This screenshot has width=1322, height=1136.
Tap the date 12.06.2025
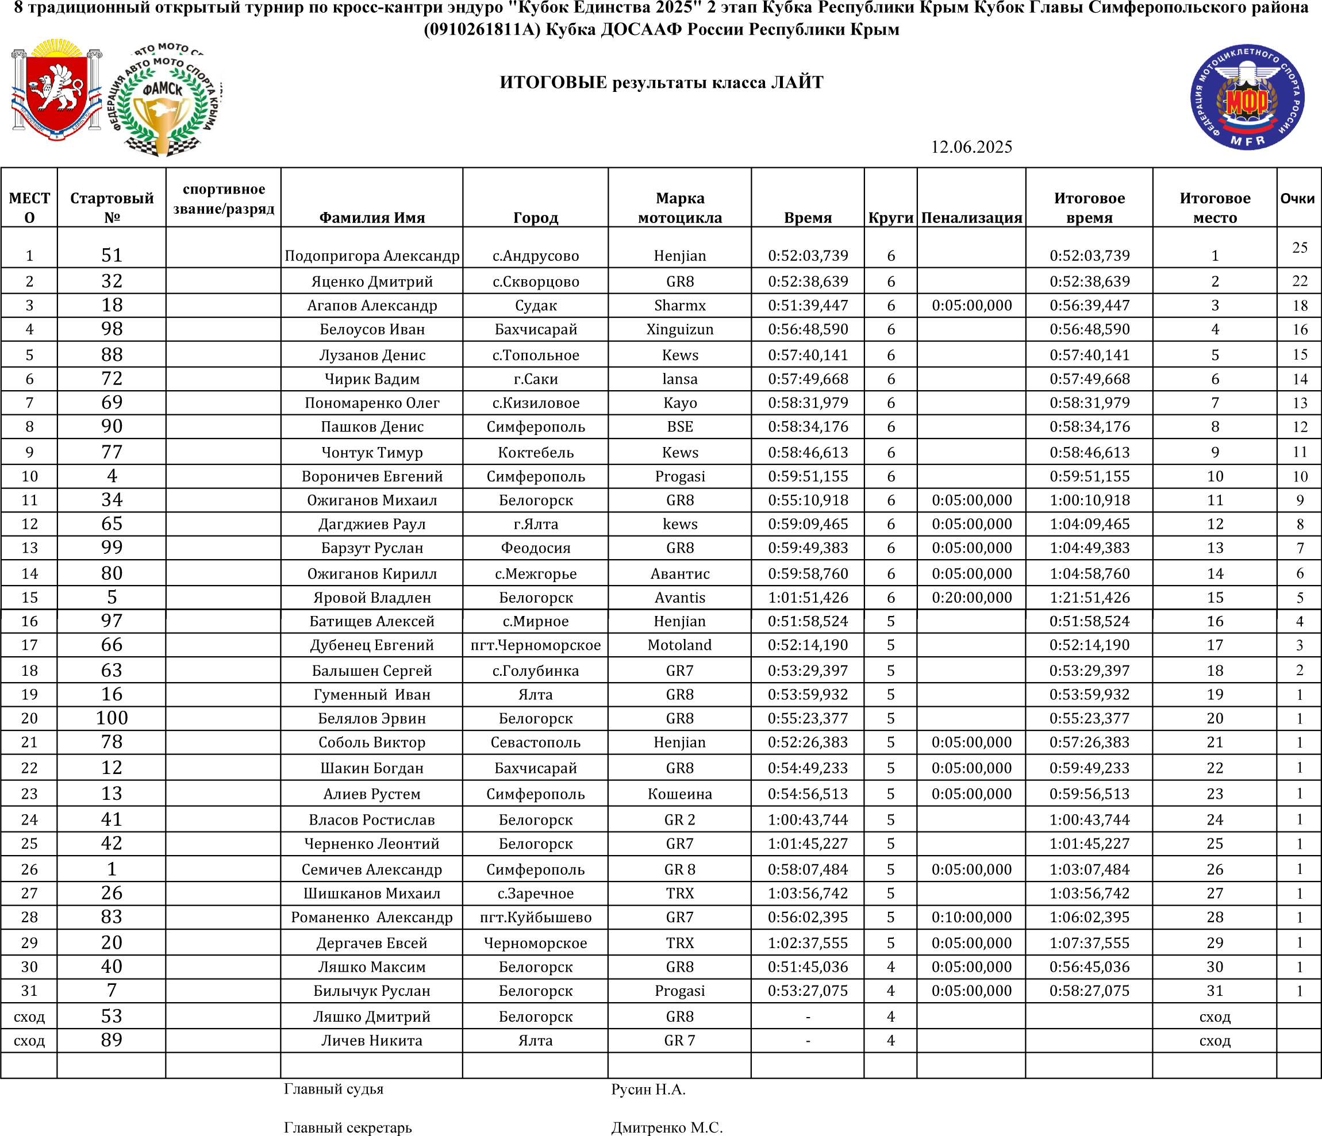(970, 147)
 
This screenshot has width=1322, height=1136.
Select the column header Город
(535, 218)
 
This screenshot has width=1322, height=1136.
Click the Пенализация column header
(971, 218)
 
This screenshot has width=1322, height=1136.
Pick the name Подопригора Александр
(371, 256)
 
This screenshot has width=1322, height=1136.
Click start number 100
(112, 718)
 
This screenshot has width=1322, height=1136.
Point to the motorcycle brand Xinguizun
(679, 329)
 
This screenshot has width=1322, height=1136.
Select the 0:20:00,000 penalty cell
(971, 598)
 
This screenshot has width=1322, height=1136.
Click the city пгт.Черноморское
(535, 645)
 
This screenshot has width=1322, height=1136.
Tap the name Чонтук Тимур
(371, 452)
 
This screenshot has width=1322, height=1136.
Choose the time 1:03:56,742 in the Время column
(808, 893)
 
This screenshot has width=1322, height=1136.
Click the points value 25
(1300, 248)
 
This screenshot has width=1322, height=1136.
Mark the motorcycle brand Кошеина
(679, 794)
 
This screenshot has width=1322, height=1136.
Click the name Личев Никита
(371, 1040)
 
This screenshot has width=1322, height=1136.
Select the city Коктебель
(535, 452)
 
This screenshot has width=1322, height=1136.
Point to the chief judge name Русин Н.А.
(648, 1089)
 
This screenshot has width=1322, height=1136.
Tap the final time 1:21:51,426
(1089, 598)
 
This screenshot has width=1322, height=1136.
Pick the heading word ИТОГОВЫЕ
(552, 82)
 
